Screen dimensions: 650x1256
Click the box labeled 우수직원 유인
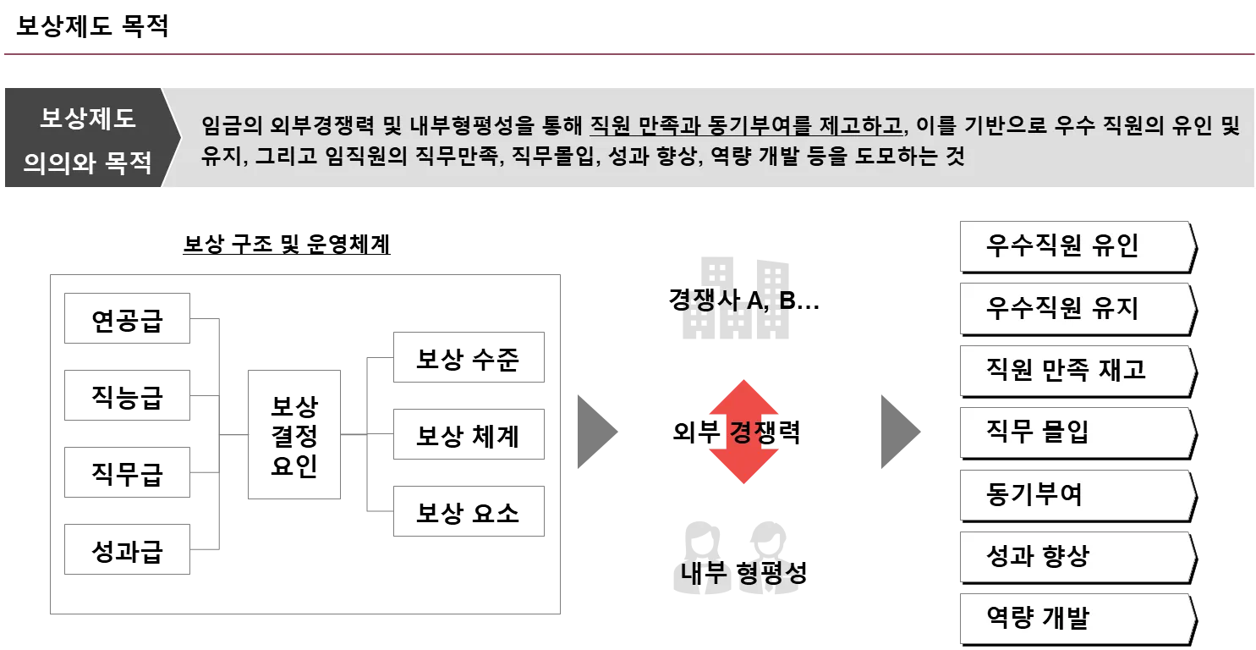coord(1075,246)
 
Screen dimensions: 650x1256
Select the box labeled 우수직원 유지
coord(1075,308)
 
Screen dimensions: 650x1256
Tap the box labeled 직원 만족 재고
coord(1075,370)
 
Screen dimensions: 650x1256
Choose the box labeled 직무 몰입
coord(1075,432)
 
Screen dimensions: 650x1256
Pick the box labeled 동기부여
coord(1075,494)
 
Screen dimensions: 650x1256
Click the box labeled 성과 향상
coord(1075,556)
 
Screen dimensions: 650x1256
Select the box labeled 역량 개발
coord(1075,618)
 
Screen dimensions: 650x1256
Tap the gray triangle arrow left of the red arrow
coord(596,432)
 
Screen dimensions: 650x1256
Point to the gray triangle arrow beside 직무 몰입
coord(900,432)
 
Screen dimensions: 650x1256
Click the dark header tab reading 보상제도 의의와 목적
coord(87,139)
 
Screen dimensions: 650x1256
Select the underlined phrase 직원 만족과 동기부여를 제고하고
coord(746,127)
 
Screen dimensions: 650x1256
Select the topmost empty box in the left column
coord(129,318)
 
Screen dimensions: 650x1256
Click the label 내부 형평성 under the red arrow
coord(741,574)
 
